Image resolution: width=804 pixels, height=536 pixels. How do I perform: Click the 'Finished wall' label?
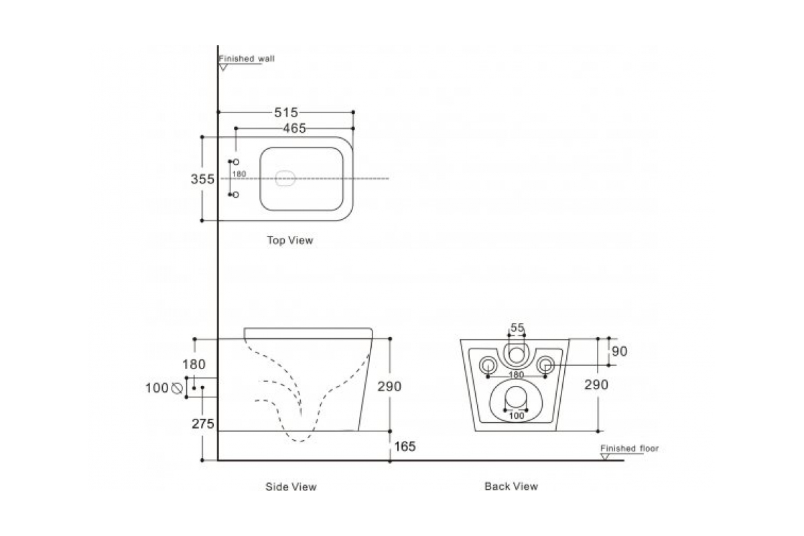point(247,59)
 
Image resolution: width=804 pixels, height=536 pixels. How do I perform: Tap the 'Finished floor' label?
point(629,448)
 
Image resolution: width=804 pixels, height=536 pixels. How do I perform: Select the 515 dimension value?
point(285,113)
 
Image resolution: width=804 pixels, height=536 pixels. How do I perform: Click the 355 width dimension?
point(202,179)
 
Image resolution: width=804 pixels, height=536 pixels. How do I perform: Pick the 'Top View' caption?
point(289,240)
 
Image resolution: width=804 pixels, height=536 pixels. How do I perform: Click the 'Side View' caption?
point(291,486)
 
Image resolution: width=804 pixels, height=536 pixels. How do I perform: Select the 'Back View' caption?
point(511,486)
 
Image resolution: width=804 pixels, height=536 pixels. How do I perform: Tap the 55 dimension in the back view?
point(517,328)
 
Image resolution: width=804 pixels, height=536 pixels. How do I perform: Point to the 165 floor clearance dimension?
point(405,447)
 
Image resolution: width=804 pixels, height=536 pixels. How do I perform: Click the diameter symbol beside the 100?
point(178,388)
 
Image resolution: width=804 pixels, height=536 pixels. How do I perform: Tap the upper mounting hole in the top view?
point(236,162)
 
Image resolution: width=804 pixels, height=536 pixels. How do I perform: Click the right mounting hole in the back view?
point(546,364)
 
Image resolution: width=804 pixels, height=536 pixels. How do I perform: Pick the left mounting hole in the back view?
point(488,364)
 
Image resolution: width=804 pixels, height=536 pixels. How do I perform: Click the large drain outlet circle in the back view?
point(516,398)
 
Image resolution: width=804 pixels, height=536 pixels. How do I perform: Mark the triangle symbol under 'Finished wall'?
point(224,67)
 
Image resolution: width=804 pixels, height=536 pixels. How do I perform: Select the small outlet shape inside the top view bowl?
point(286,179)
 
